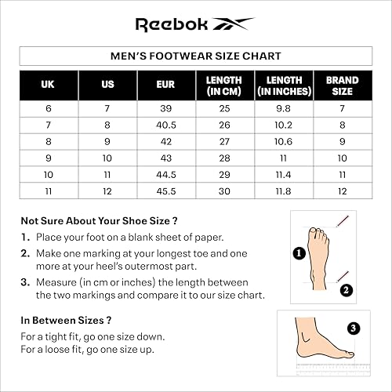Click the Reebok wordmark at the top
[x=172, y=24]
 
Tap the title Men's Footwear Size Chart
[x=196, y=56]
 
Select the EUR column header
[x=165, y=85]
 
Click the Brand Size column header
[x=342, y=85]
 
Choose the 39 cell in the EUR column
[x=165, y=108]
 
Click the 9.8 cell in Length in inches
[x=284, y=108]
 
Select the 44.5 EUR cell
[x=165, y=174]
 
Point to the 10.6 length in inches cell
[x=284, y=141]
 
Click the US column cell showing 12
[x=107, y=191]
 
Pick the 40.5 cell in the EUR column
[x=165, y=125]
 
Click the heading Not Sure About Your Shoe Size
[x=99, y=220]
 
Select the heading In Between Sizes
[x=65, y=320]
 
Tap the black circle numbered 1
[x=299, y=252]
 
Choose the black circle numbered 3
[x=354, y=328]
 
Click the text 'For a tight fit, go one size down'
[x=93, y=336]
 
